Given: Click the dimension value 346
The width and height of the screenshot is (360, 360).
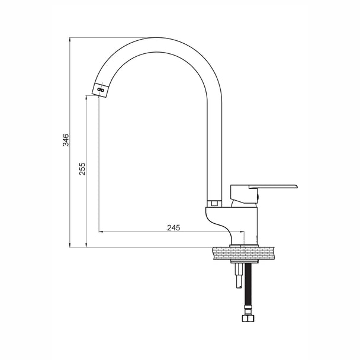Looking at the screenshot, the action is [66, 140].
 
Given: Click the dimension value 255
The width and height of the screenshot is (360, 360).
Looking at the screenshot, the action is [82, 169].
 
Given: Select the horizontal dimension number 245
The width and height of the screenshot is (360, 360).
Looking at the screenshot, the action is [174, 228].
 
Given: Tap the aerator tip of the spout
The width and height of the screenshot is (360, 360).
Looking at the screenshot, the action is [100, 90].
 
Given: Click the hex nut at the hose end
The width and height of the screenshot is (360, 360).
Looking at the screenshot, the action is [248, 318].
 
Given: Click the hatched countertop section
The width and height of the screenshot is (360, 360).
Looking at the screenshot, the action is [244, 253].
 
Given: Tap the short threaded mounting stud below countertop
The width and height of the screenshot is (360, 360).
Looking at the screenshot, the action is [239, 275].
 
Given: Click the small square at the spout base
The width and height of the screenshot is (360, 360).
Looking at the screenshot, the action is [215, 203].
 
